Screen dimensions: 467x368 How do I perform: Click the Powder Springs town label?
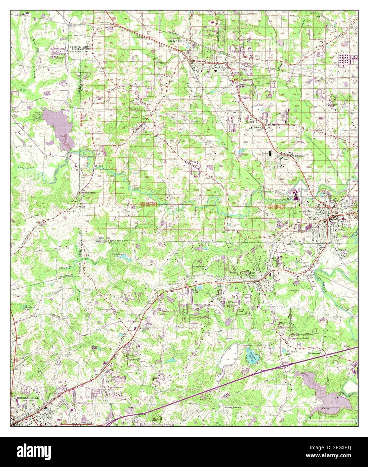178,41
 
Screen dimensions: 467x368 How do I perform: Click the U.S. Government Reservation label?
80,48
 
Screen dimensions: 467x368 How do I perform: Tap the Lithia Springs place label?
251,274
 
